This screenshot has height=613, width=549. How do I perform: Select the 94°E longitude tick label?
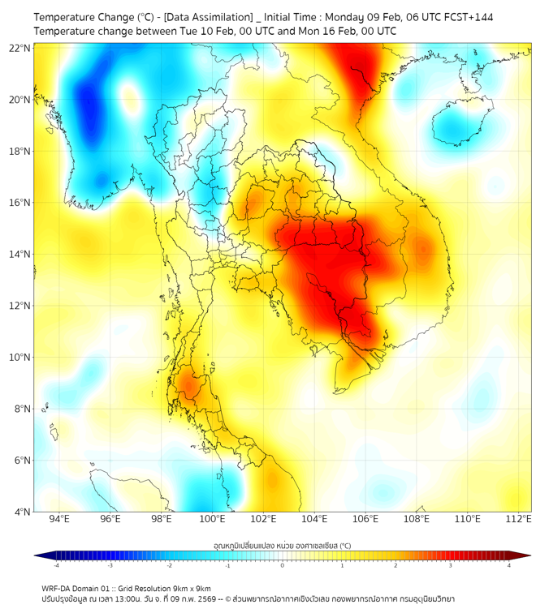59,519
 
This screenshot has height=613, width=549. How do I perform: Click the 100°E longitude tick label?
213,519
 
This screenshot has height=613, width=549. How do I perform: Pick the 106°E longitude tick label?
366,519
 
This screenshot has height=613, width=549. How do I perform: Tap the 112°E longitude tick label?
519,519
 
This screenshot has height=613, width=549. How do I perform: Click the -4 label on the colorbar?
55,565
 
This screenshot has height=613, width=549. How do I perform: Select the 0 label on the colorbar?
283,565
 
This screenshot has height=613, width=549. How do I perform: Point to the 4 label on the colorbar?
509,565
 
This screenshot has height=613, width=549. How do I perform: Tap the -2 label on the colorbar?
169,565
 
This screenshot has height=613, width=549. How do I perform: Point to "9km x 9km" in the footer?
192,588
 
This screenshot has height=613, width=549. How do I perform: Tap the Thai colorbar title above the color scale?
282,546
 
